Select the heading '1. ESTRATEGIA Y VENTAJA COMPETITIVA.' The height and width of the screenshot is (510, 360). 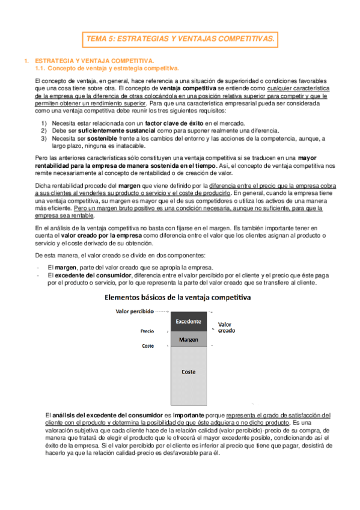pos(94,61)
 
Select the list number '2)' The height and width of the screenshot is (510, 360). pos(44,131)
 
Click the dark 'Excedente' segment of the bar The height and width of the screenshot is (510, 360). pos(189,322)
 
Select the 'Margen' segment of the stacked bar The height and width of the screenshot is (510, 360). pos(189,340)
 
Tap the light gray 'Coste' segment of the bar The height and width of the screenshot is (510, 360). pos(189,372)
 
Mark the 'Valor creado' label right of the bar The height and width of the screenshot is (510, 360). pos(226,327)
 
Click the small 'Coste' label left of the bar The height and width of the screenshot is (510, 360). pos(148,346)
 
